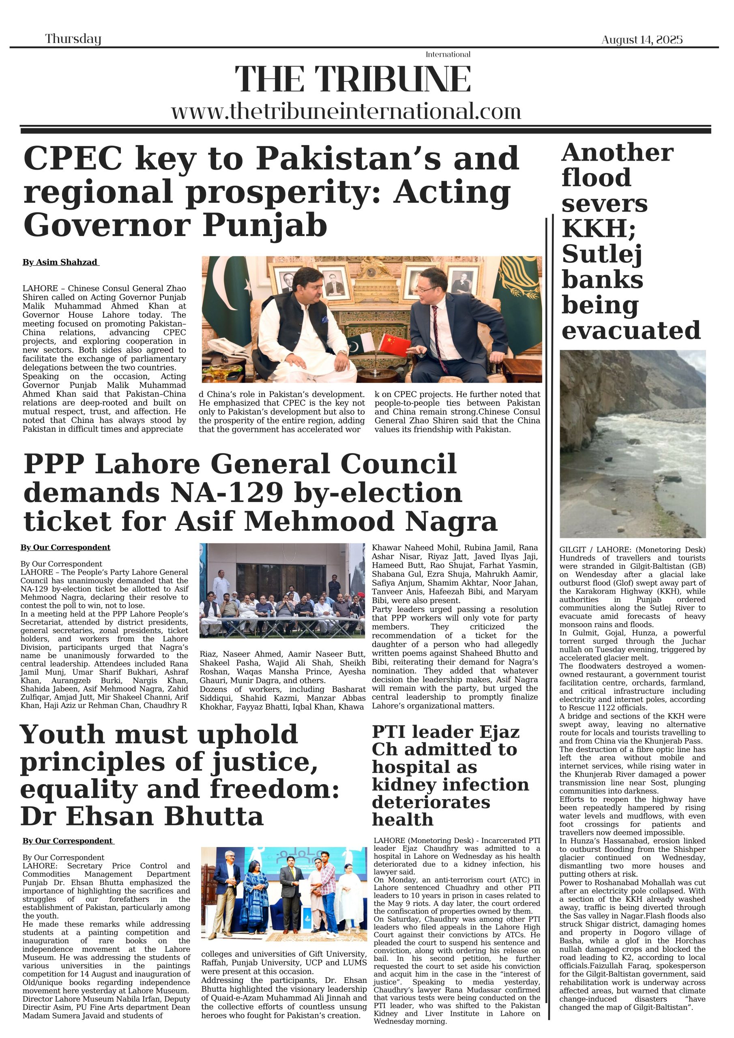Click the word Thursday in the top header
pyautogui.click(x=73, y=39)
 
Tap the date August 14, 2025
pyautogui.click(x=642, y=40)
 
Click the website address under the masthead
pyautogui.click(x=346, y=111)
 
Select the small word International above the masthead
pyautogui.click(x=448, y=55)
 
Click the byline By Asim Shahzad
pyautogui.click(x=60, y=262)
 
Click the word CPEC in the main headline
pyautogui.click(x=72, y=159)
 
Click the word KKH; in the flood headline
pyautogui.click(x=598, y=228)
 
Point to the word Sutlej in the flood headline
pyautogui.click(x=601, y=254)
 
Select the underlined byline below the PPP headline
pyautogui.click(x=65, y=547)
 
